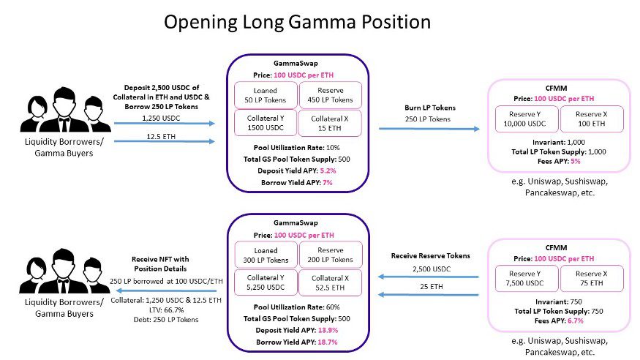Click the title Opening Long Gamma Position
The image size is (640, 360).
296,23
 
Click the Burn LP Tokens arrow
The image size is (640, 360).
429,130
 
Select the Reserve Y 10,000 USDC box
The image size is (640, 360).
527,118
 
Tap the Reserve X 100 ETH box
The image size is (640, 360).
591,118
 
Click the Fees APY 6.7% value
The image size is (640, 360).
577,321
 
